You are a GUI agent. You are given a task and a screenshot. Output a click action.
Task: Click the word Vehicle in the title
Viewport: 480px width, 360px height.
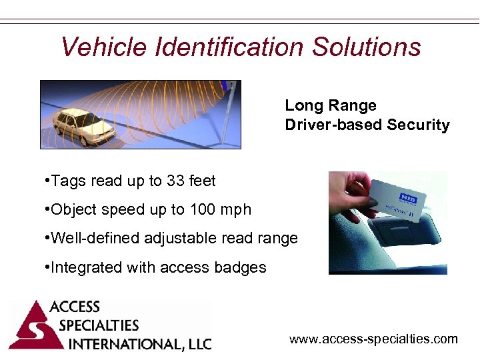[103, 47]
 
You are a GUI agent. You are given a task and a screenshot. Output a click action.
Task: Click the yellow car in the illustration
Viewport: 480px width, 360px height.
[83, 127]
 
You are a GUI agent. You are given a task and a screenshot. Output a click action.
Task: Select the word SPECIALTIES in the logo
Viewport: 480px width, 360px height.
[98, 326]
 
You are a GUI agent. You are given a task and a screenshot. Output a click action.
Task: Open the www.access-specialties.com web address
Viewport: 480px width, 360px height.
[373, 339]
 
